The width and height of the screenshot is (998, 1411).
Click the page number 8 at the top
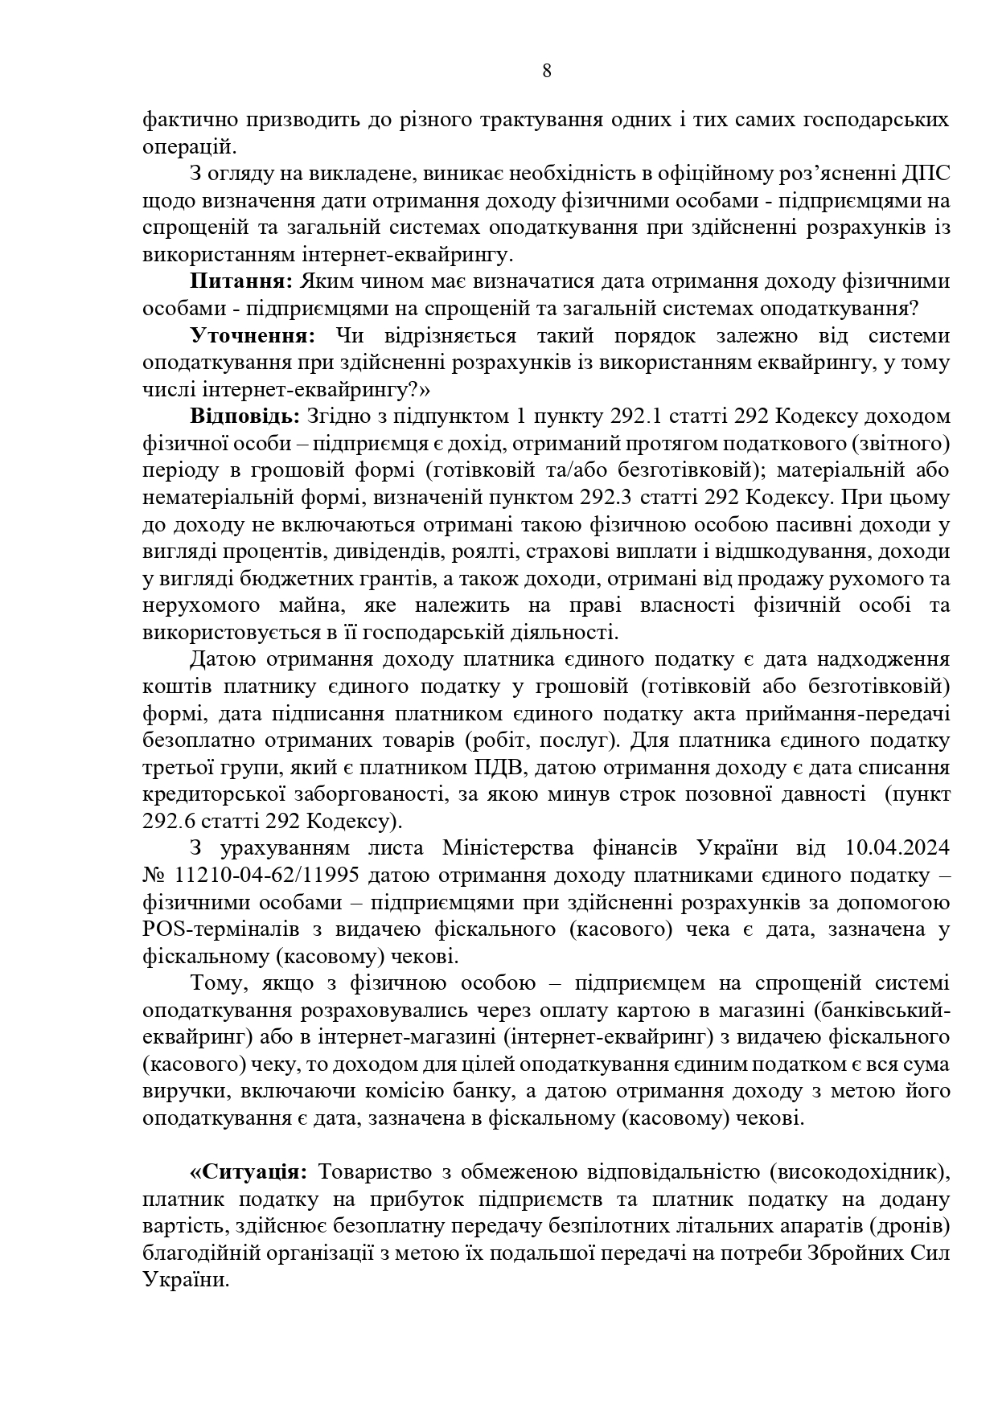[547, 71]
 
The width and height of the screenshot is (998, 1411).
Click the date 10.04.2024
[897, 848]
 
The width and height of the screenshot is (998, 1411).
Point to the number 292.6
[166, 822]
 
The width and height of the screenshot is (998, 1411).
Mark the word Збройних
[857, 1253]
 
